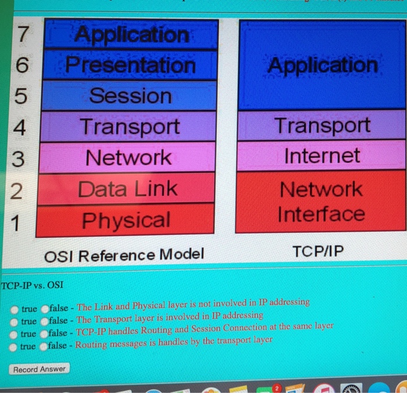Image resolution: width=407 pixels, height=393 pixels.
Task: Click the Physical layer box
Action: [x=126, y=221]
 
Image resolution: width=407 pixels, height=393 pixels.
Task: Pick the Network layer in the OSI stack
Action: [x=128, y=158]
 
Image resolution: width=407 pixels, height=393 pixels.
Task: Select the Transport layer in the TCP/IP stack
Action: [x=322, y=125]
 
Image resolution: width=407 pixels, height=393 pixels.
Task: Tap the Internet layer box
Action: [x=322, y=155]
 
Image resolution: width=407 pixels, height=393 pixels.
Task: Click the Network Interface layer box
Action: [x=321, y=201]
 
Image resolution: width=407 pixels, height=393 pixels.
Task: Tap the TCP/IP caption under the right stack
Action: [x=318, y=252]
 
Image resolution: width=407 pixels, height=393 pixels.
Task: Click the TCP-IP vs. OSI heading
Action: [x=33, y=286]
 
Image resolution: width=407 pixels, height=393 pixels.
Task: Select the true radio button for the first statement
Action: [x=14, y=309]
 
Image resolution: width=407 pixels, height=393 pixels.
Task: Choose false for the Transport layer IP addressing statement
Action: [x=44, y=321]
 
